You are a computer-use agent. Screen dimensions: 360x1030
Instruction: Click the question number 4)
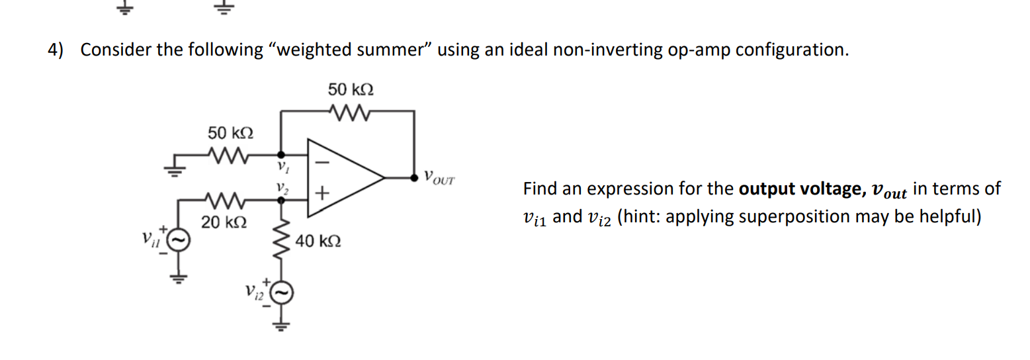click(55, 50)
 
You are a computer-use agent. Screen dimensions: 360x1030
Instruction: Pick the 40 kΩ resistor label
click(319, 241)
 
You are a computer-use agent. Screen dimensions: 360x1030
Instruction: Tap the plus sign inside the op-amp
click(322, 195)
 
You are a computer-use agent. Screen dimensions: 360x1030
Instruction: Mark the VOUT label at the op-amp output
click(439, 178)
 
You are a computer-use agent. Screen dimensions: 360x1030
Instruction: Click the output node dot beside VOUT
click(414, 178)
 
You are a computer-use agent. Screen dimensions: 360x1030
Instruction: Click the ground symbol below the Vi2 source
click(282, 324)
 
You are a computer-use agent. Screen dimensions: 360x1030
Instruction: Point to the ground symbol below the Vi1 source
click(178, 277)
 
